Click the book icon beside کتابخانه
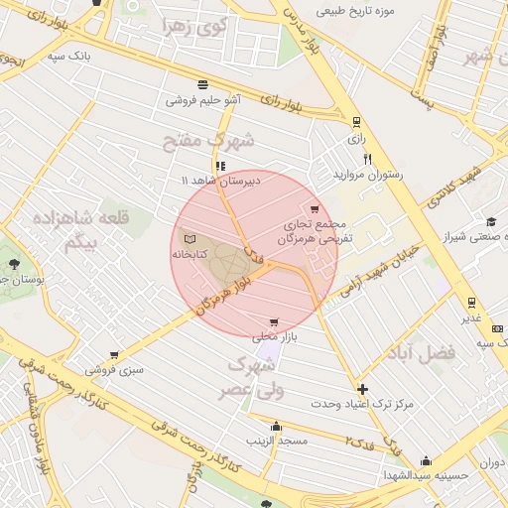(190, 239)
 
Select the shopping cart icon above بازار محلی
(274, 322)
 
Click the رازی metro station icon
(356, 121)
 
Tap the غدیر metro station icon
(470, 303)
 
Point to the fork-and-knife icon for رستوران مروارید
(367, 158)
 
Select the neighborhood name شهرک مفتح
(208, 141)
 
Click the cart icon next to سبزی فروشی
(115, 354)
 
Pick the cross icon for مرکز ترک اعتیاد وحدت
(362, 389)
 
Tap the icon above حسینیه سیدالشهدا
(427, 460)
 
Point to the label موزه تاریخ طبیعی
(355, 11)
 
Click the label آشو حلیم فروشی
(203, 100)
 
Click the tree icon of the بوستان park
(14, 264)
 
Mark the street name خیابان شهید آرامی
(382, 271)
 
